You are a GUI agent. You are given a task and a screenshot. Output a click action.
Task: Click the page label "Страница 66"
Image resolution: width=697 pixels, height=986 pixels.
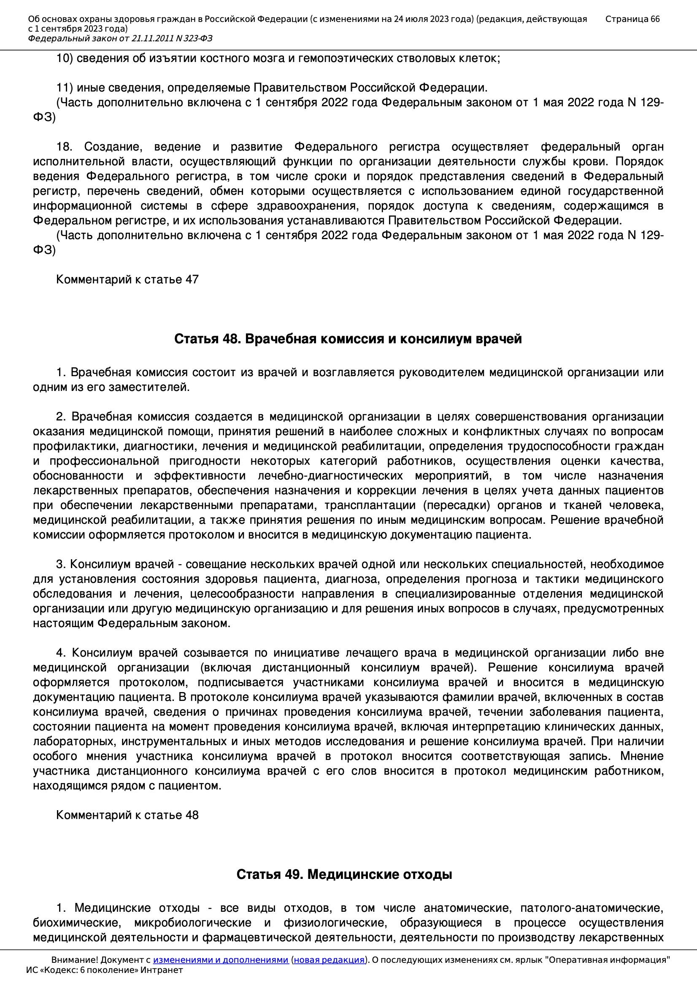(632, 19)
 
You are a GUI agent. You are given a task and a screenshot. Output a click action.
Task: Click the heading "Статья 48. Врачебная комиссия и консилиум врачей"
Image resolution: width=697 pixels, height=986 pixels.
(348, 339)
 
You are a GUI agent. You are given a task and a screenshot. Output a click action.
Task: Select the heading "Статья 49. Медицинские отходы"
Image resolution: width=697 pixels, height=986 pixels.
(344, 874)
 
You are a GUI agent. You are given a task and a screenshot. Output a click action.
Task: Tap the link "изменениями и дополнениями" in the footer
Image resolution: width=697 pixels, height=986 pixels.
(220, 960)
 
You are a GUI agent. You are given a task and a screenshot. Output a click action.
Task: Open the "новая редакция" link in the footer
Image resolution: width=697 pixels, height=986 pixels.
(329, 960)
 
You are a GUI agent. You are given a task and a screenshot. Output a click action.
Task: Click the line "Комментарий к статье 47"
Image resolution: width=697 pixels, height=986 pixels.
(127, 280)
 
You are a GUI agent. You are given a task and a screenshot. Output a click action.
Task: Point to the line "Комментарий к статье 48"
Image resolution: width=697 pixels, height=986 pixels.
(127, 815)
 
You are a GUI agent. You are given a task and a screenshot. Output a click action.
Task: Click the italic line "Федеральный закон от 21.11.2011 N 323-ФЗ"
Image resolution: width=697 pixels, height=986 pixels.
(120, 39)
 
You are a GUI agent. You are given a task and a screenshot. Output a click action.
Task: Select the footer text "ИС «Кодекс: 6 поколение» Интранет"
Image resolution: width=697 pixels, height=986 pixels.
(104, 970)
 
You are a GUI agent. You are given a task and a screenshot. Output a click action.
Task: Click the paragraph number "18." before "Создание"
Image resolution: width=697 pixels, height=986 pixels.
(64, 147)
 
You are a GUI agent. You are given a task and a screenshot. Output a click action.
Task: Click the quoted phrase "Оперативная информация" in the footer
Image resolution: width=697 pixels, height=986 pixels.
(607, 960)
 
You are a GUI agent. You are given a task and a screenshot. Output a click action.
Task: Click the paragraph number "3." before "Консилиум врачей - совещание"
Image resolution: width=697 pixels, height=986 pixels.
(60, 564)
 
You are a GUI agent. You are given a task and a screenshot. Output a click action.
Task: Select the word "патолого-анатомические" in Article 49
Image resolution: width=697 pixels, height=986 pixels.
(592, 908)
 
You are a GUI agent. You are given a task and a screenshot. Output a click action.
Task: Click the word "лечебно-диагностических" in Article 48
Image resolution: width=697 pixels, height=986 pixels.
(330, 476)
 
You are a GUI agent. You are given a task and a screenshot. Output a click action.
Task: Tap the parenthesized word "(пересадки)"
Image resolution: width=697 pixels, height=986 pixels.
(457, 505)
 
